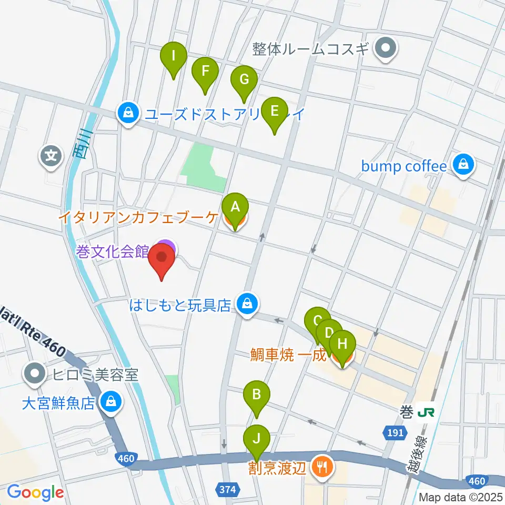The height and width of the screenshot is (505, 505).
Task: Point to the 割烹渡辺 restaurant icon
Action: click(321, 466)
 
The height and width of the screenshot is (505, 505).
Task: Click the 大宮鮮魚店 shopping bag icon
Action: click(110, 403)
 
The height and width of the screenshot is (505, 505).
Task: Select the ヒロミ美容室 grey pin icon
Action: click(36, 375)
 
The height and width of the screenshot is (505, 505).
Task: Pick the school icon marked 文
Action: click(51, 156)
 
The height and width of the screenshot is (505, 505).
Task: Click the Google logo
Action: click(35, 493)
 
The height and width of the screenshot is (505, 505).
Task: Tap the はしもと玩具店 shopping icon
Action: click(246, 304)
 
